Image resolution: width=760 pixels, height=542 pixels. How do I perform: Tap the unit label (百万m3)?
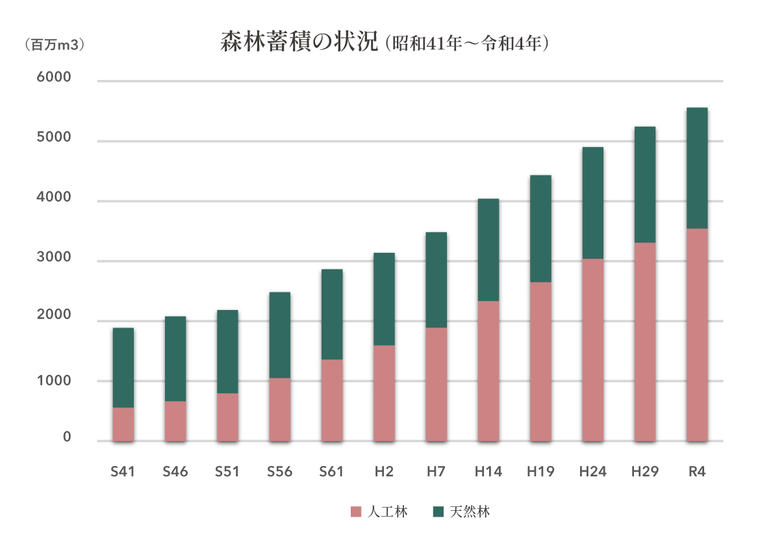click(54, 45)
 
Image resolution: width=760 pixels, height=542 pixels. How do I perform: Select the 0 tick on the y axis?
click(67, 438)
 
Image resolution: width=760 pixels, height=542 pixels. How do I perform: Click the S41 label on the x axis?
click(123, 472)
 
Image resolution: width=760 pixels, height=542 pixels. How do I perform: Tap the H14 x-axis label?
click(488, 472)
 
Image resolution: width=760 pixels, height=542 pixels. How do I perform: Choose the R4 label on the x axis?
click(696, 472)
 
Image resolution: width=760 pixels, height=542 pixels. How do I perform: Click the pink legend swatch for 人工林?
click(355, 512)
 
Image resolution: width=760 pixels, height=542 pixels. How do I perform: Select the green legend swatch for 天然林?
click(438, 512)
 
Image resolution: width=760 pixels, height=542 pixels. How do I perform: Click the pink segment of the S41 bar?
click(123, 424)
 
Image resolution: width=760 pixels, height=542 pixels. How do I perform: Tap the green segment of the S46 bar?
click(175, 359)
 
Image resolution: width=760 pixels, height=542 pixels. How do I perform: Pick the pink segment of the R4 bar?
click(697, 335)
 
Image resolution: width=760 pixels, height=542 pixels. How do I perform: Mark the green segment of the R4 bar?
click(697, 168)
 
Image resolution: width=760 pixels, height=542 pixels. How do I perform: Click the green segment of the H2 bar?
click(384, 299)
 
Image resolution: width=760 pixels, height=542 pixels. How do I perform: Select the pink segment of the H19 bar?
click(540, 361)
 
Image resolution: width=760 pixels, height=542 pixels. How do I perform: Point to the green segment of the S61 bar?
click(332, 314)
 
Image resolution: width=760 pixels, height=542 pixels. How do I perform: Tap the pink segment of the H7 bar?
click(436, 384)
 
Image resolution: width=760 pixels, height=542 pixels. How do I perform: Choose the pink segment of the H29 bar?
click(644, 342)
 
